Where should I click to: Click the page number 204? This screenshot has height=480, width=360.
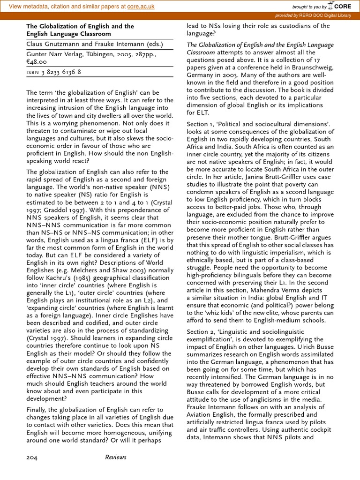[x=32, y=457]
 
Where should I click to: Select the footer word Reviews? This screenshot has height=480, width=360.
[x=116, y=457]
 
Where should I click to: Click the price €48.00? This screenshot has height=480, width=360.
[x=37, y=61]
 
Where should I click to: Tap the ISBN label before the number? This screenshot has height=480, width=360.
[x=34, y=72]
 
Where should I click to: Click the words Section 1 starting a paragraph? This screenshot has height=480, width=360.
[x=199, y=124]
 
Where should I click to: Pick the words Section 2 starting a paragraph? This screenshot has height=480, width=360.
[x=199, y=332]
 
